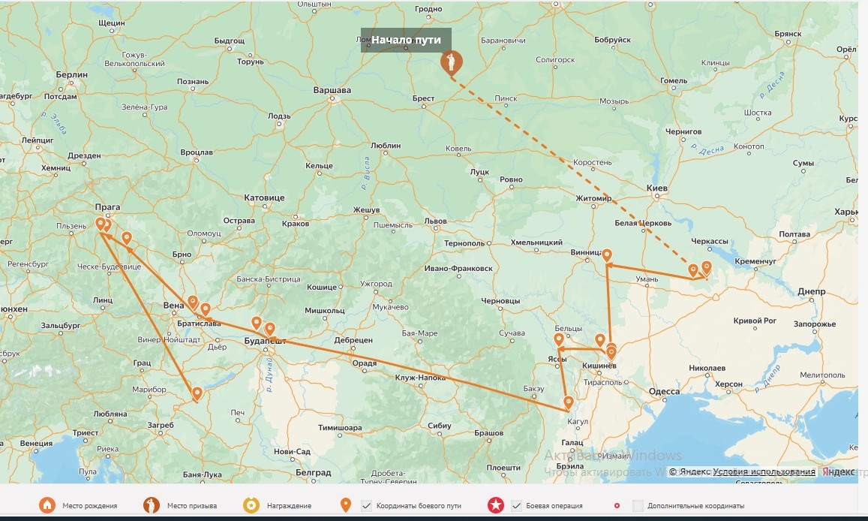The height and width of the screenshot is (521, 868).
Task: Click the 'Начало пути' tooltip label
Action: click(x=406, y=40)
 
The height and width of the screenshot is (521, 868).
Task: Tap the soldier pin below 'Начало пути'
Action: click(x=452, y=63)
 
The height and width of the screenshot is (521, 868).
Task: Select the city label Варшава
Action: click(x=332, y=90)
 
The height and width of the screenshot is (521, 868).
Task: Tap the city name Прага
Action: click(x=107, y=207)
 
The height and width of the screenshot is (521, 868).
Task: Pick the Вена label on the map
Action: click(x=173, y=306)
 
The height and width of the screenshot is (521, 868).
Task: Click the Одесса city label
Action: click(x=664, y=391)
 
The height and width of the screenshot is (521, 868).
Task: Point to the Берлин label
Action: click(x=71, y=75)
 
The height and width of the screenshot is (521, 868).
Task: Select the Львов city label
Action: click(x=435, y=221)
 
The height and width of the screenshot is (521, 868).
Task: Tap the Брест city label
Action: click(x=423, y=98)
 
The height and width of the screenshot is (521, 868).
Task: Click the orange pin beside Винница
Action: click(x=607, y=255)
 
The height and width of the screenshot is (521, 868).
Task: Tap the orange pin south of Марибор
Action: click(x=197, y=393)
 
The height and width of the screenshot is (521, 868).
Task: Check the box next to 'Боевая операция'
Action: click(x=516, y=506)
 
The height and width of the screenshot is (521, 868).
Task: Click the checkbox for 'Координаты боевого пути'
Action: click(x=366, y=506)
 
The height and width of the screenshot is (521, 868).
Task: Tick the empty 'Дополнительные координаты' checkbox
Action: click(x=638, y=506)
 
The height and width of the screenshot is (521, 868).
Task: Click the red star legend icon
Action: click(x=495, y=506)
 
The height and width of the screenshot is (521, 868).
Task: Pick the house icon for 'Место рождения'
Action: click(x=47, y=506)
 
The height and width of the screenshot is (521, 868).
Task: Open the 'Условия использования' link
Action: click(x=764, y=471)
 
